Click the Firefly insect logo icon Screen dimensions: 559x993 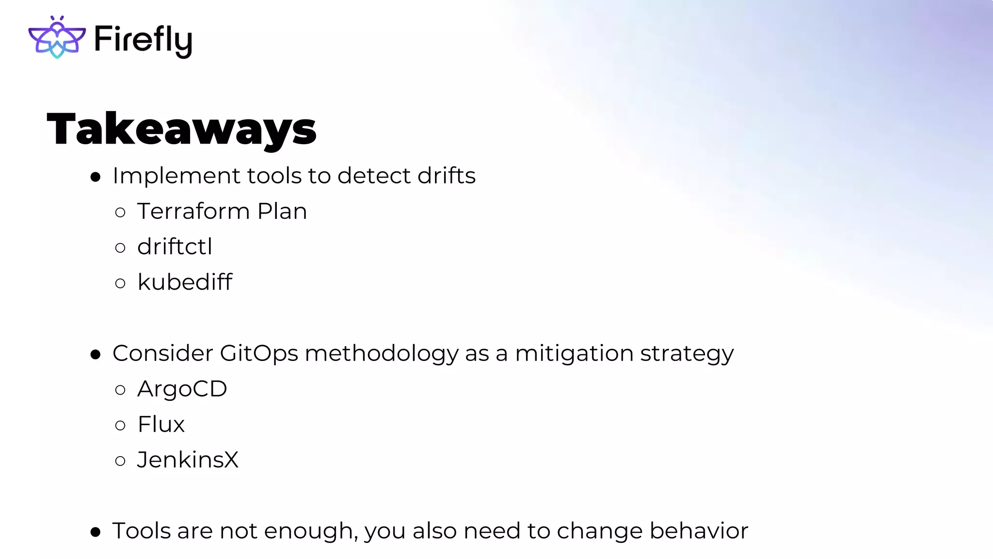pyautogui.click(x=57, y=37)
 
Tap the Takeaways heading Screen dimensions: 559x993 pyautogui.click(x=181, y=129)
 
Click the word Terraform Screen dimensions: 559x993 pyautogui.click(x=193, y=212)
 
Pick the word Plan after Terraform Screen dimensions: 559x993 pyautogui.click(x=282, y=212)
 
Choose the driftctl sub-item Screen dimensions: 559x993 pyautogui.click(x=175, y=247)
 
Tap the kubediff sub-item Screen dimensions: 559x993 pyautogui.click(x=185, y=282)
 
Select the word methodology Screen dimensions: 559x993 pyautogui.click(x=382, y=354)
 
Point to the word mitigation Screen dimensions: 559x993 pyautogui.click(x=574, y=354)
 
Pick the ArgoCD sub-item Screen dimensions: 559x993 pyautogui.click(x=182, y=389)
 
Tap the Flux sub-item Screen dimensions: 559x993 pyautogui.click(x=161, y=425)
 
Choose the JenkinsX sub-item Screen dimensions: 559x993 pyautogui.click(x=188, y=460)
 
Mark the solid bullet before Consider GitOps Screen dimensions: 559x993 pyautogui.click(x=96, y=355)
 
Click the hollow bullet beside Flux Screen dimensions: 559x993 pyautogui.click(x=120, y=426)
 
